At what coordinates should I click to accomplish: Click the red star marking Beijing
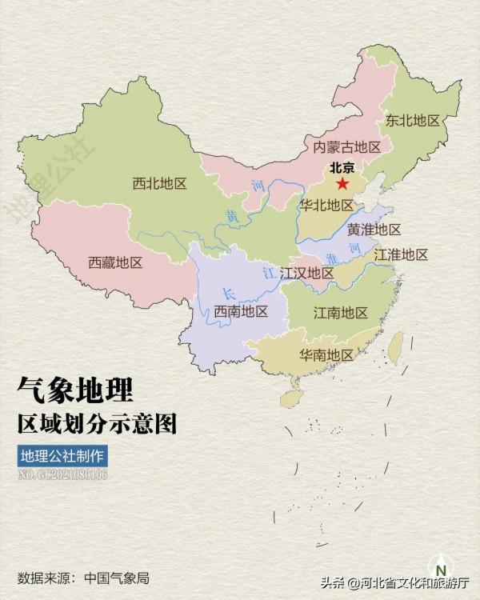tap(342, 184)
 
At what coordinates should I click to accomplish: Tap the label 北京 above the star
tap(342, 169)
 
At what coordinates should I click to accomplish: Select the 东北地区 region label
tap(413, 121)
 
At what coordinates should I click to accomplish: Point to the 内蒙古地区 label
tap(346, 146)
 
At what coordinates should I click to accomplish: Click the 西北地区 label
tap(159, 183)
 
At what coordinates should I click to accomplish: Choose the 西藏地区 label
tap(115, 262)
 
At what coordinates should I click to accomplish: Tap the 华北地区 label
tap(326, 206)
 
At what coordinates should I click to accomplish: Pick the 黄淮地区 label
tap(374, 230)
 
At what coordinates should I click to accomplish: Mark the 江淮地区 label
tap(401, 255)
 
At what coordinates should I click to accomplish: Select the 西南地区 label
tap(241, 311)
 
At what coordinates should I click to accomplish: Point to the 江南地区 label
tap(341, 312)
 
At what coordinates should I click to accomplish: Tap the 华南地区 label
tap(326, 354)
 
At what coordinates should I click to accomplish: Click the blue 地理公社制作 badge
tap(62, 457)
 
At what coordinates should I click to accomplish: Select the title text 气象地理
tap(75, 390)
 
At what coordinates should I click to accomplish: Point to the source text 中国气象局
tap(117, 578)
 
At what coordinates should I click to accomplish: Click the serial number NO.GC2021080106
tap(62, 475)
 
